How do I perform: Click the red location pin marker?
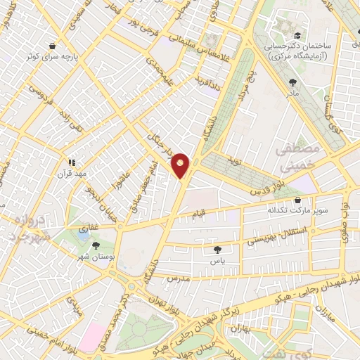[181, 165]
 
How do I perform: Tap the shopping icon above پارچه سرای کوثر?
[53, 46]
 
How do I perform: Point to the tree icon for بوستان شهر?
[96, 245]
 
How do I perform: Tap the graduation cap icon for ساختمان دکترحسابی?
[297, 34]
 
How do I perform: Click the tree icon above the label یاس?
[217, 249]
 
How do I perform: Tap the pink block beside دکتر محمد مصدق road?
[91, 337]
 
